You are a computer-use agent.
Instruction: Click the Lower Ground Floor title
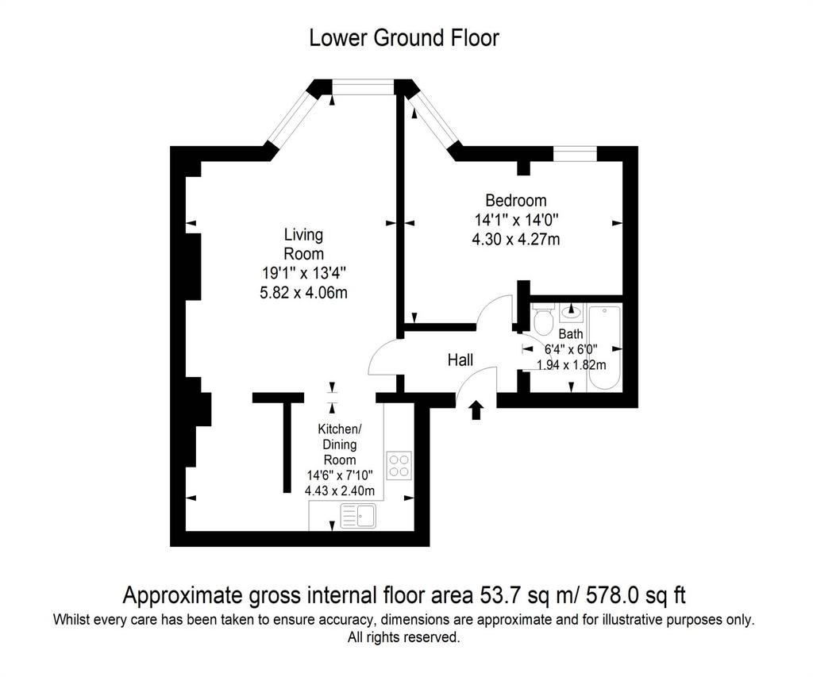[x=404, y=38]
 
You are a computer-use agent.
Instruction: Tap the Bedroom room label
[x=516, y=200]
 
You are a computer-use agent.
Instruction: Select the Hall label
[x=460, y=360]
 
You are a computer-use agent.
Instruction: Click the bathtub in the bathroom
[x=604, y=348]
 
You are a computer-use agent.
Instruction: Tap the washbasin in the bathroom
[x=572, y=312]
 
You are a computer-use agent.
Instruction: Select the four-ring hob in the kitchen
[x=399, y=466]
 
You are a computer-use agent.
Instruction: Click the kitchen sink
[x=358, y=516]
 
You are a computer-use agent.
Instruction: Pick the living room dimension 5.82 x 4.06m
[x=303, y=293]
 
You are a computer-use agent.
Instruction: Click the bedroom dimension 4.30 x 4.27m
[x=516, y=240]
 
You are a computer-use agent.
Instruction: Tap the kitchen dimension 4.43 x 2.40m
[x=340, y=490]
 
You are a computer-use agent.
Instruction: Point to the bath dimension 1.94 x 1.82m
[x=572, y=365]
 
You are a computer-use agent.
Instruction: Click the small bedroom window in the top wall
[x=575, y=154]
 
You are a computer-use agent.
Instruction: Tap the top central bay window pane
[x=363, y=87]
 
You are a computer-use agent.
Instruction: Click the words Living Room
[x=303, y=244]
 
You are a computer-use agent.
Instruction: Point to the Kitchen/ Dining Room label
[x=340, y=444]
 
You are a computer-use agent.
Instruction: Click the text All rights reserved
[x=404, y=637]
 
